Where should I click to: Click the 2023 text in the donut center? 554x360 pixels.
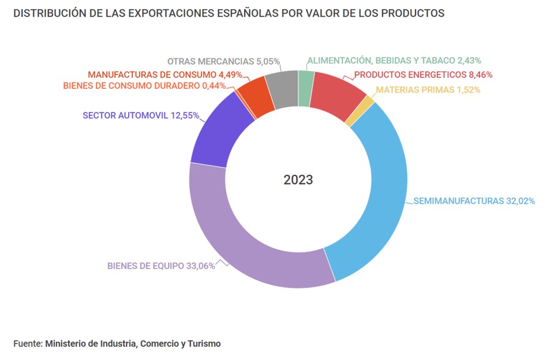coord(298,180)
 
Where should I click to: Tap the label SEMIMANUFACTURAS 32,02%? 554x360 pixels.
coord(474,201)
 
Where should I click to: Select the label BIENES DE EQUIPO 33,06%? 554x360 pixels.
coord(161,266)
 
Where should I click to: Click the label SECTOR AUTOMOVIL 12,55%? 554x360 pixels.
coord(141,115)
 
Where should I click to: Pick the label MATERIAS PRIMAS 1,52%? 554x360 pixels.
coord(428,89)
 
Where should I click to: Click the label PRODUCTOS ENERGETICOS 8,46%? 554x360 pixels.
coord(423,74)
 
